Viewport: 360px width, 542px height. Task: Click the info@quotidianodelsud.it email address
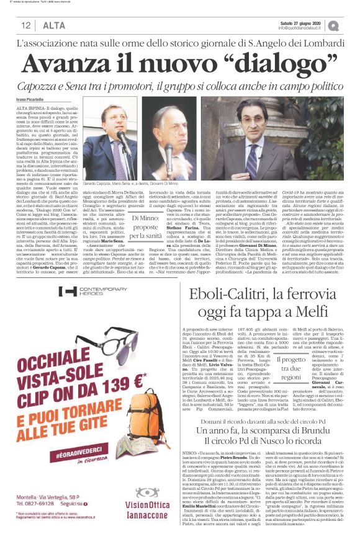pyautogui.click(x=302, y=28)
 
